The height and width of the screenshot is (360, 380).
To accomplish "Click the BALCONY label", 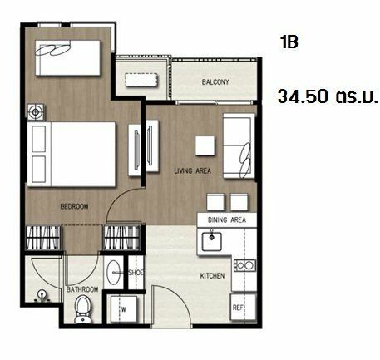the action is tap(215, 82).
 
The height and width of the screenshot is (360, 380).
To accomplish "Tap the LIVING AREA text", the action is tap(192, 170).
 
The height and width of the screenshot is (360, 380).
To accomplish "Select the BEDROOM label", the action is tap(74, 206).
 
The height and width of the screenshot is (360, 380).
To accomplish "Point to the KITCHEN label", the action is tap(212, 276).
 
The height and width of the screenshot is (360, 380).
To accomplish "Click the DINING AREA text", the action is tap(227, 220).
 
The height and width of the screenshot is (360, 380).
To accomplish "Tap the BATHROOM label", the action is tap(82, 289).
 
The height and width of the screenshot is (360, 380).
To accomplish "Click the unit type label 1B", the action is tap(289, 42).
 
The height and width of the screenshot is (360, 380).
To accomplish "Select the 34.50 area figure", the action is tap(303, 96).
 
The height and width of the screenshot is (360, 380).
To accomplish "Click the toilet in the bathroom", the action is tap(82, 309).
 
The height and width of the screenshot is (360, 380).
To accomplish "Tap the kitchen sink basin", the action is tap(211, 241).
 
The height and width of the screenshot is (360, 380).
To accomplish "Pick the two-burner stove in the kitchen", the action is tap(244, 265).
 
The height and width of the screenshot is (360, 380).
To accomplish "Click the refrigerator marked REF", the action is tap(243, 307).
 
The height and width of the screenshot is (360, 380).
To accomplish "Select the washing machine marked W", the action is tap(124, 309).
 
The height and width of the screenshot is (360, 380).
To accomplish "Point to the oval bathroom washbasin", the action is tap(113, 273).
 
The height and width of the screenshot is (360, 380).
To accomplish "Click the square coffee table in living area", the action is tap(205, 145).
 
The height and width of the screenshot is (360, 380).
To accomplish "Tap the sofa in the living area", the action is tap(239, 145).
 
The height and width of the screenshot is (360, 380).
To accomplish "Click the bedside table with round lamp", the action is tap(36, 112).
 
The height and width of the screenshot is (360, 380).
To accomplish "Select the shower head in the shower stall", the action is tap(42, 293).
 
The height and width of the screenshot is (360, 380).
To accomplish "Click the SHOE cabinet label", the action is tap(136, 273).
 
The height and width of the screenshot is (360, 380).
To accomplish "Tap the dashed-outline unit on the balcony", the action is tap(141, 80).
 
